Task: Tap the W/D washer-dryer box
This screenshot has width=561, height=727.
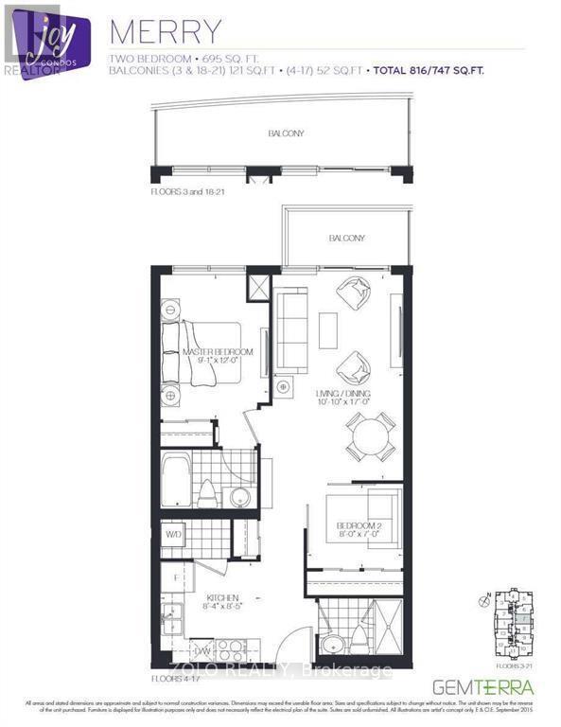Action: [173, 535]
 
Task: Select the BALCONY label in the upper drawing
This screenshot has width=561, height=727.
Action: [285, 134]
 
